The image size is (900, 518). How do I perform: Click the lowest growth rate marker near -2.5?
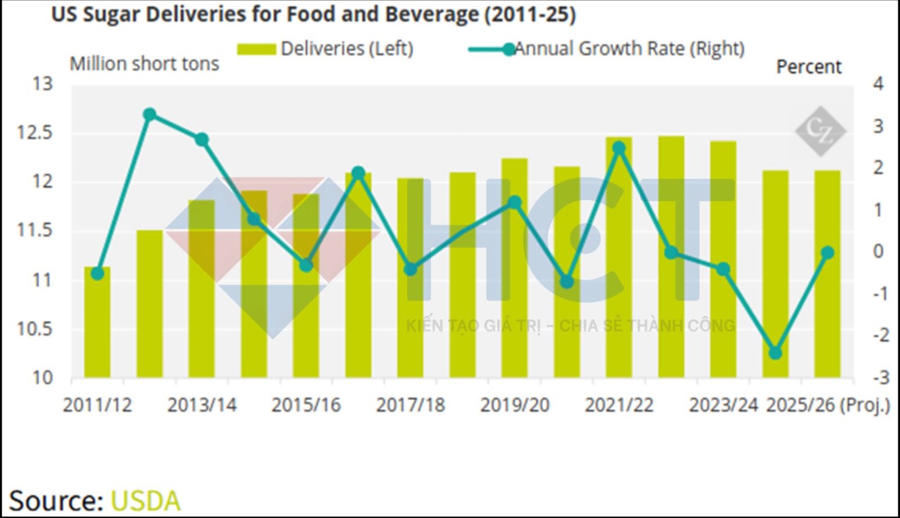click(x=775, y=353)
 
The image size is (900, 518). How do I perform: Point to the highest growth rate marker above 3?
click(x=150, y=115)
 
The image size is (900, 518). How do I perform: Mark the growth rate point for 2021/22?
click(x=619, y=148)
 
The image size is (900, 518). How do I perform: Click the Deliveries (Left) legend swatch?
click(x=256, y=49)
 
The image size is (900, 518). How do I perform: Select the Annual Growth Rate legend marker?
click(x=508, y=49)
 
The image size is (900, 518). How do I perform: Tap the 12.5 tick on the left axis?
click(x=35, y=133)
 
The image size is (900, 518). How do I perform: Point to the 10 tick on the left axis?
click(x=42, y=378)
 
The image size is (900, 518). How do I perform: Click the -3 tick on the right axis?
click(x=881, y=378)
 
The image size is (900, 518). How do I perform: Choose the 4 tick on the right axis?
click(x=878, y=84)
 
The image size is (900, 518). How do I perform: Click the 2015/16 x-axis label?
click(x=306, y=405)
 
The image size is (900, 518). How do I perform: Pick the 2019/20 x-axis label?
click(x=515, y=405)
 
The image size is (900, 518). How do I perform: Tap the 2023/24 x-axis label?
click(x=723, y=405)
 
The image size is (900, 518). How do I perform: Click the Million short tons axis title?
click(x=145, y=64)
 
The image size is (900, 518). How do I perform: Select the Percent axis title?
click(x=809, y=67)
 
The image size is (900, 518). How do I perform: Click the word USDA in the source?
click(x=146, y=501)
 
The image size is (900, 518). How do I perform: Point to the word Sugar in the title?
click(x=112, y=15)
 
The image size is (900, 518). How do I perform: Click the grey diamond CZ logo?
click(x=820, y=131)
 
